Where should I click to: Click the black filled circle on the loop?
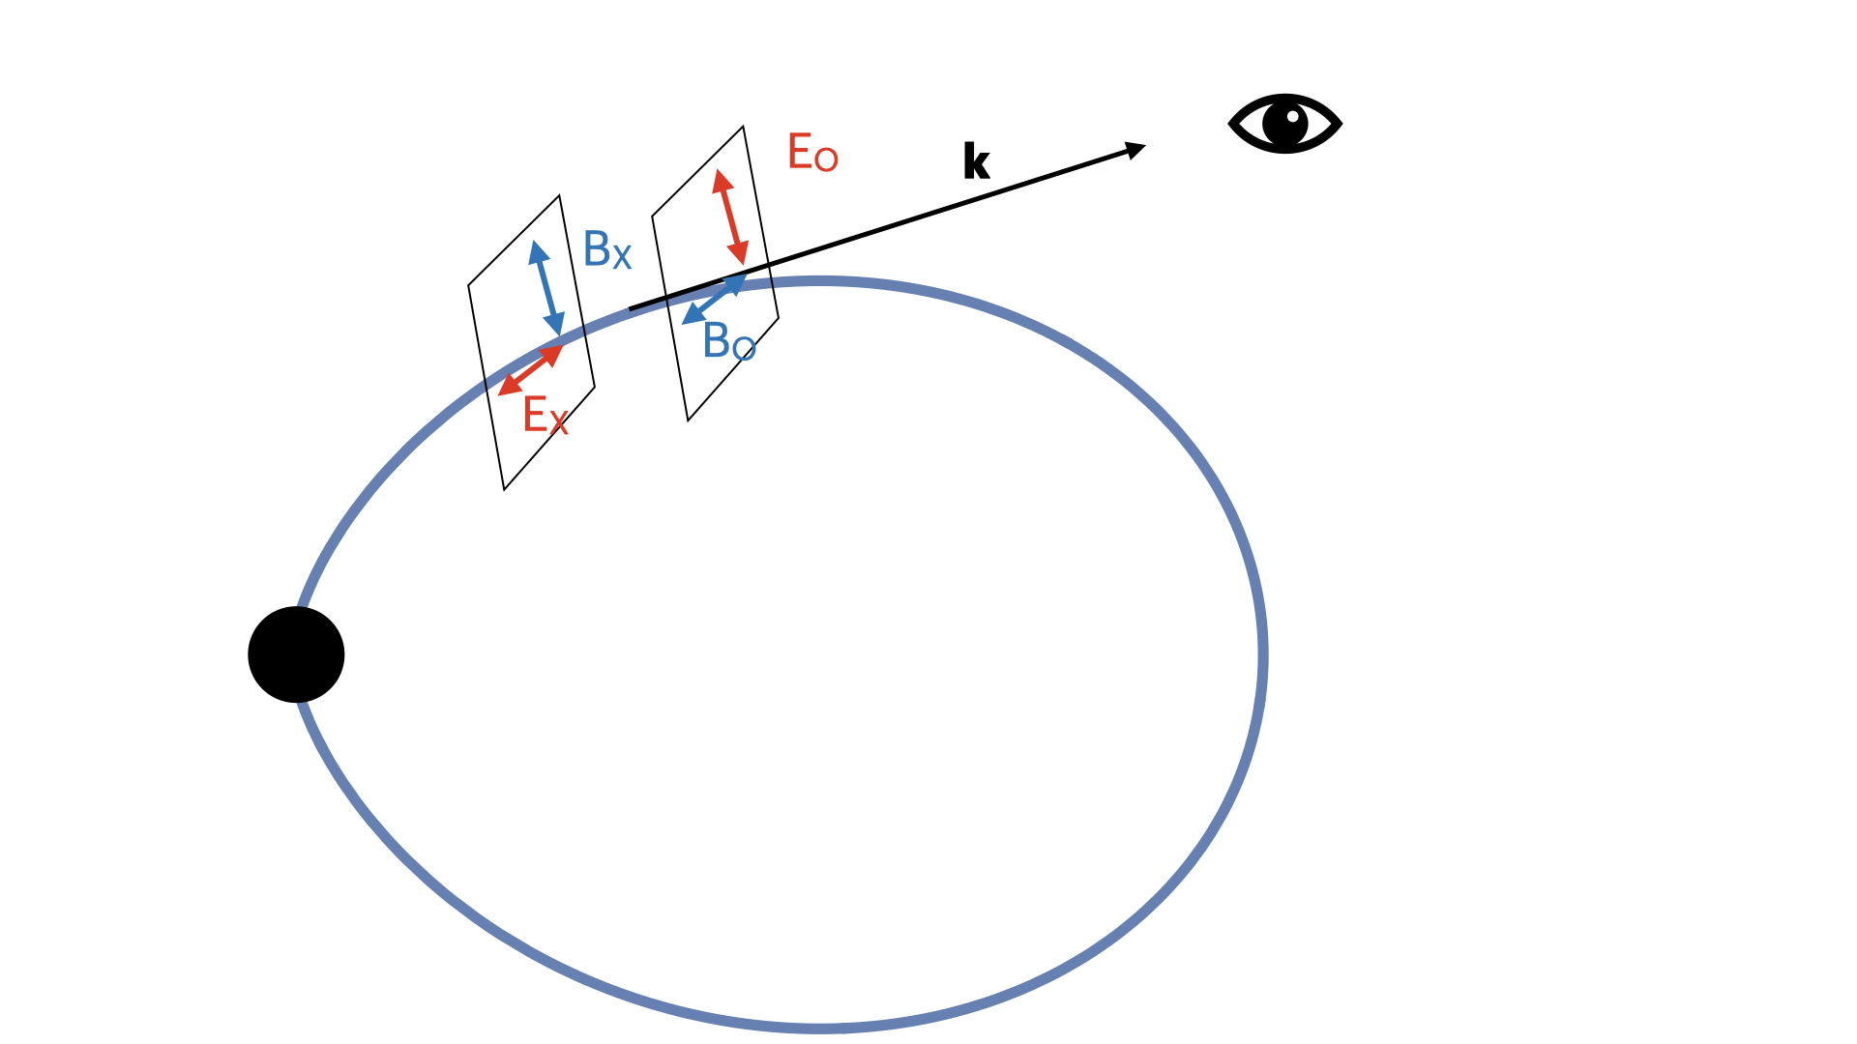point(296,654)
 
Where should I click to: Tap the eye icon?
point(1284,124)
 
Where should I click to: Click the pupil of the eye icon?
point(1286,123)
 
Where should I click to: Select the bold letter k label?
point(976,161)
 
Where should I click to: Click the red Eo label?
point(812,153)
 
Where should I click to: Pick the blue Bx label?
point(607,250)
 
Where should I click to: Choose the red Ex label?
point(545,416)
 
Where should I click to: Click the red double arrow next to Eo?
point(730,217)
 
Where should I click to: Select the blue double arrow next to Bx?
point(546,288)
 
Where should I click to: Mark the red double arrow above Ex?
point(530,369)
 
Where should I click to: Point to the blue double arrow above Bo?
point(714,299)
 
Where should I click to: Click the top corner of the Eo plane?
point(743,127)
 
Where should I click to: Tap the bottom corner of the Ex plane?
point(504,489)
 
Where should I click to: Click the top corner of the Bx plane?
point(559,196)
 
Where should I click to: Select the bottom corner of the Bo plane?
point(688,420)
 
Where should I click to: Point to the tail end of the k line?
point(631,309)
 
